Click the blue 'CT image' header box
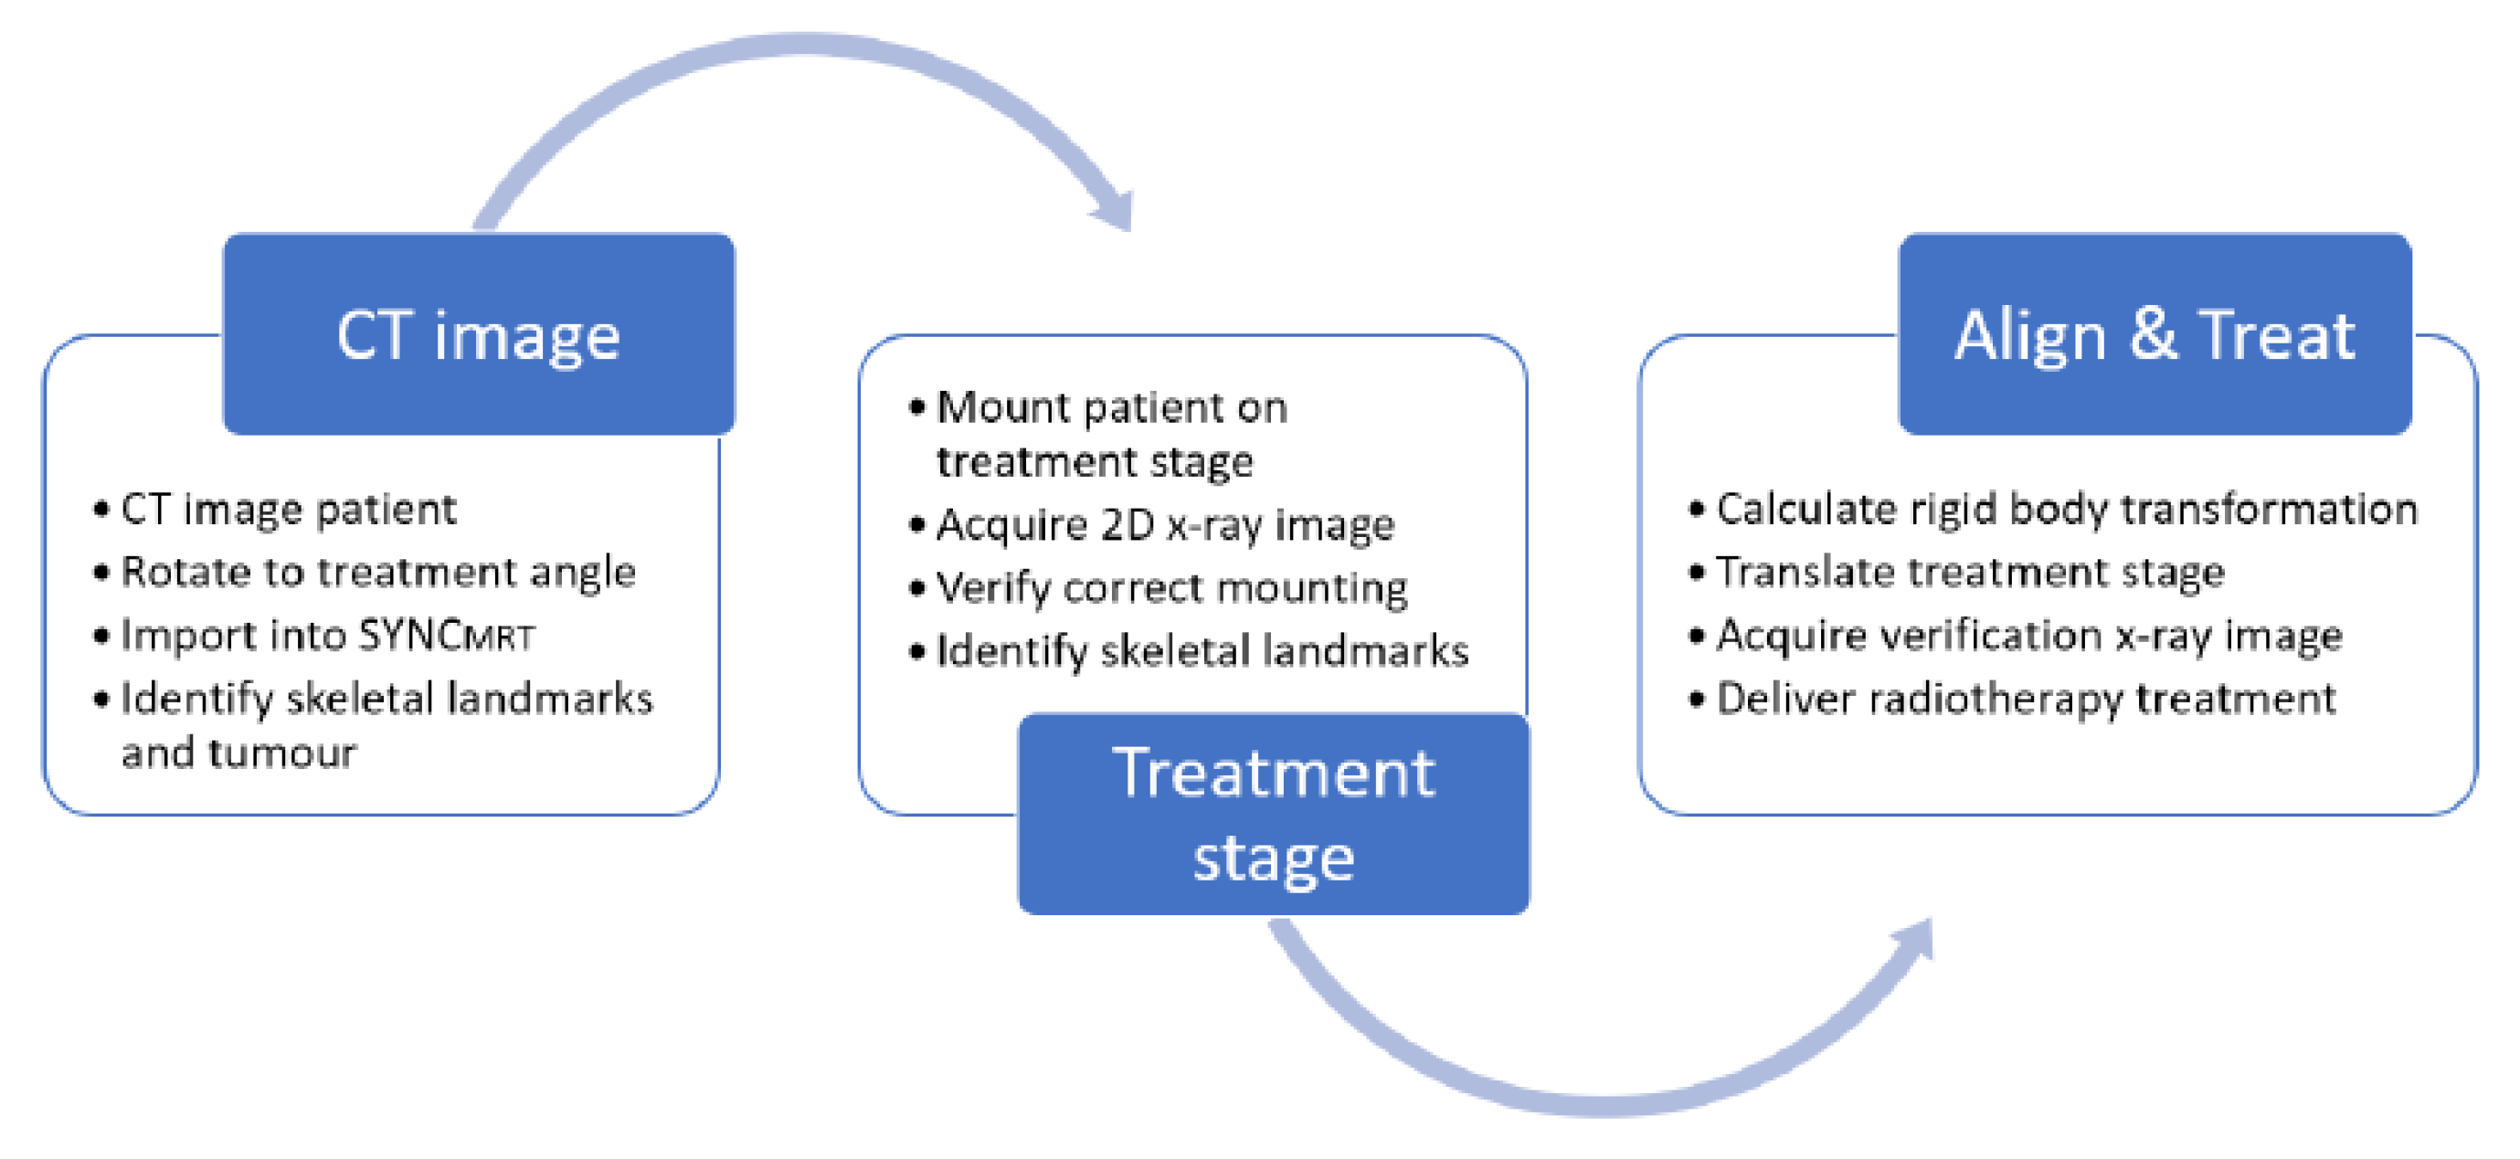click(479, 334)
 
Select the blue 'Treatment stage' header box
click(1273, 814)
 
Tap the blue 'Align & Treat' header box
click(2155, 334)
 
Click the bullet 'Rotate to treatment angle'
click(377, 572)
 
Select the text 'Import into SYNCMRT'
click(328, 636)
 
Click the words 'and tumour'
click(238, 753)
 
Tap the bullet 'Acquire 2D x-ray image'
click(1164, 525)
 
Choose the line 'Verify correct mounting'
click(1171, 588)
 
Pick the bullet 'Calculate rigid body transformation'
click(2065, 510)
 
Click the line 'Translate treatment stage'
click(1969, 572)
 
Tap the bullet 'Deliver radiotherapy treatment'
click(2025, 700)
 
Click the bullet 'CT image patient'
click(289, 510)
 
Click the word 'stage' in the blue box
click(1273, 859)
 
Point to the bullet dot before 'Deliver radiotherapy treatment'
click(1697, 701)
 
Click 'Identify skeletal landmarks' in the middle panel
click(1202, 651)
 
